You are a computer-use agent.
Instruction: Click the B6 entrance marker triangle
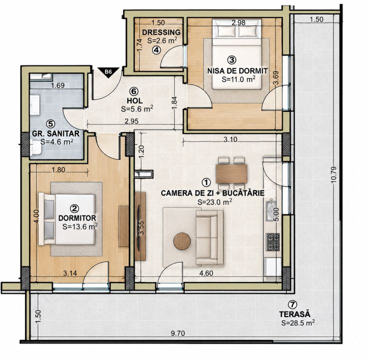click(108, 71)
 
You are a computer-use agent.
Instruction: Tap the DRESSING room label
click(161, 32)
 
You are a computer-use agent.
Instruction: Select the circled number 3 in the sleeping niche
click(232, 60)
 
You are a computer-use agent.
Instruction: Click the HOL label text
click(135, 100)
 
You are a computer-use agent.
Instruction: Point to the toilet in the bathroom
click(36, 147)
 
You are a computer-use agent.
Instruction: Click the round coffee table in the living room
click(182, 241)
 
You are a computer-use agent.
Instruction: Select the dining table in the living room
click(232, 173)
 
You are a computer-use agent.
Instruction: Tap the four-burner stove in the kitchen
click(273, 242)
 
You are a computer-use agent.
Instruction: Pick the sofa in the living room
click(210, 237)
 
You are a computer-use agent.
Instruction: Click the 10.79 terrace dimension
click(334, 174)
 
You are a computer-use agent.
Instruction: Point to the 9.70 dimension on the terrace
click(178, 333)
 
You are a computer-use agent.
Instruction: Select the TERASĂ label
click(294, 313)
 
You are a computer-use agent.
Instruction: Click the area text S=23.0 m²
click(215, 202)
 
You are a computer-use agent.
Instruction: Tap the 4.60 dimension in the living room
click(206, 273)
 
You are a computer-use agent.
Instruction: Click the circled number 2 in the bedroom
click(75, 208)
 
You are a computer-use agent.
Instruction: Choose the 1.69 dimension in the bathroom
click(58, 85)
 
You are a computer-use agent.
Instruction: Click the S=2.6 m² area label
click(162, 40)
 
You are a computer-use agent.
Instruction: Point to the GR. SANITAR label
click(56, 133)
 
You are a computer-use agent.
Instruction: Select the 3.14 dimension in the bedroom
click(70, 273)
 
